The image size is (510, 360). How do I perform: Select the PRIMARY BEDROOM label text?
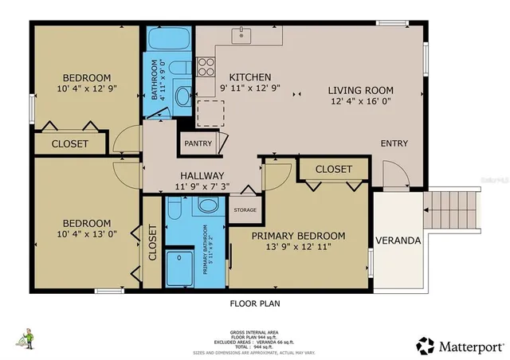tap(299, 236)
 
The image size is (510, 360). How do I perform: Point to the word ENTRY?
tap(394, 143)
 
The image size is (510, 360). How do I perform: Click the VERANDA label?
tap(398, 240)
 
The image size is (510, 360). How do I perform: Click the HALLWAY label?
tap(202, 175)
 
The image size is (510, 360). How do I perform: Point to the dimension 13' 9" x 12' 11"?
tap(299, 248)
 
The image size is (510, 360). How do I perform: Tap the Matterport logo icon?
tap(425, 346)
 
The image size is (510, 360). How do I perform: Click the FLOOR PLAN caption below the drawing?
tap(254, 303)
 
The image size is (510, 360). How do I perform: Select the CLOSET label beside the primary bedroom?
tap(333, 170)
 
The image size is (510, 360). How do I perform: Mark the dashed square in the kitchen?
tap(210, 113)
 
